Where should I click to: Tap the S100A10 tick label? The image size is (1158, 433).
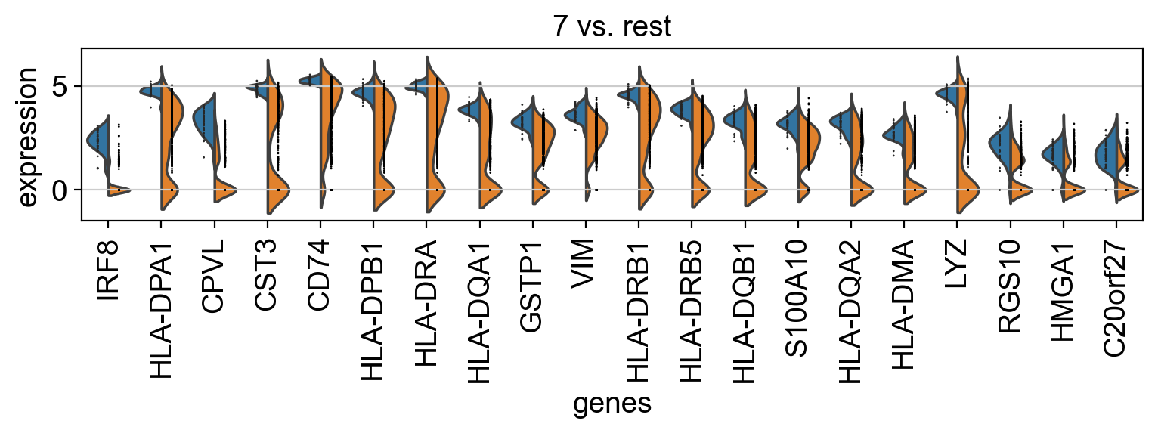coord(798,294)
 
